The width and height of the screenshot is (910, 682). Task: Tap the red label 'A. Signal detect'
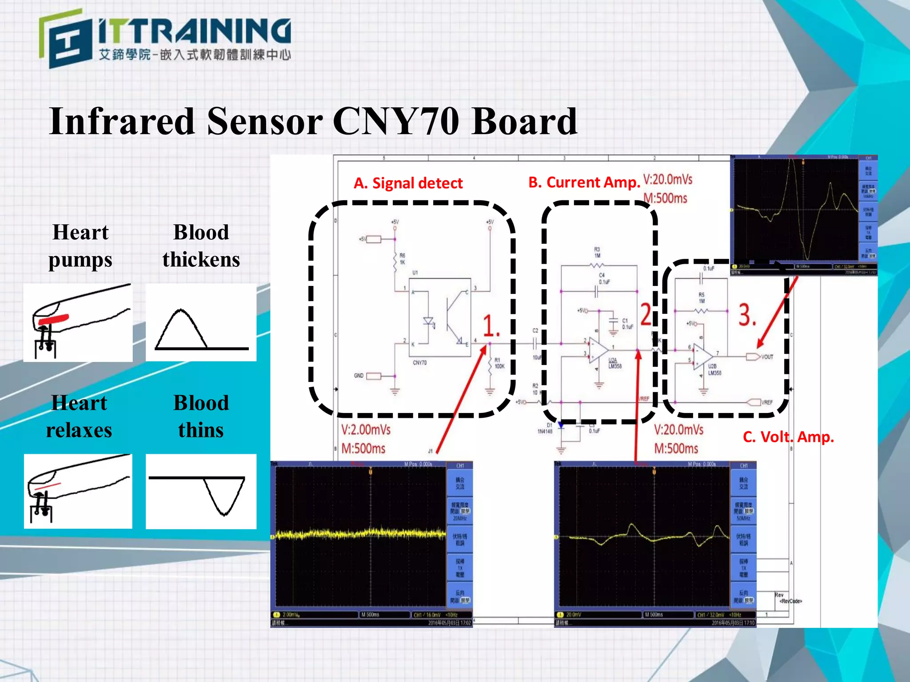[x=408, y=183]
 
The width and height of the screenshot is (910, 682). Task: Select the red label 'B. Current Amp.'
[x=584, y=182]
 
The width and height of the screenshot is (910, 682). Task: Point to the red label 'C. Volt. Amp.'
[x=788, y=437]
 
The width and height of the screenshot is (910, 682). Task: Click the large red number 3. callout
[x=747, y=315]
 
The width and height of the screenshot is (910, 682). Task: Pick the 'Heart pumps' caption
[x=80, y=246]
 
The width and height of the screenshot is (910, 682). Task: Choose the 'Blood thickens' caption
[x=201, y=246]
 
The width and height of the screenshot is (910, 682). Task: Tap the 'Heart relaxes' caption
[x=79, y=416]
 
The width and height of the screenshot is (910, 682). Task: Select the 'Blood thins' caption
[x=201, y=416]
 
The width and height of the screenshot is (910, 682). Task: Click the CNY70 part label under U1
[x=419, y=363]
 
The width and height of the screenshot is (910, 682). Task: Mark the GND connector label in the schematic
[x=359, y=376]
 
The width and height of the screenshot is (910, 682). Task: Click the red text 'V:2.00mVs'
[x=366, y=430]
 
